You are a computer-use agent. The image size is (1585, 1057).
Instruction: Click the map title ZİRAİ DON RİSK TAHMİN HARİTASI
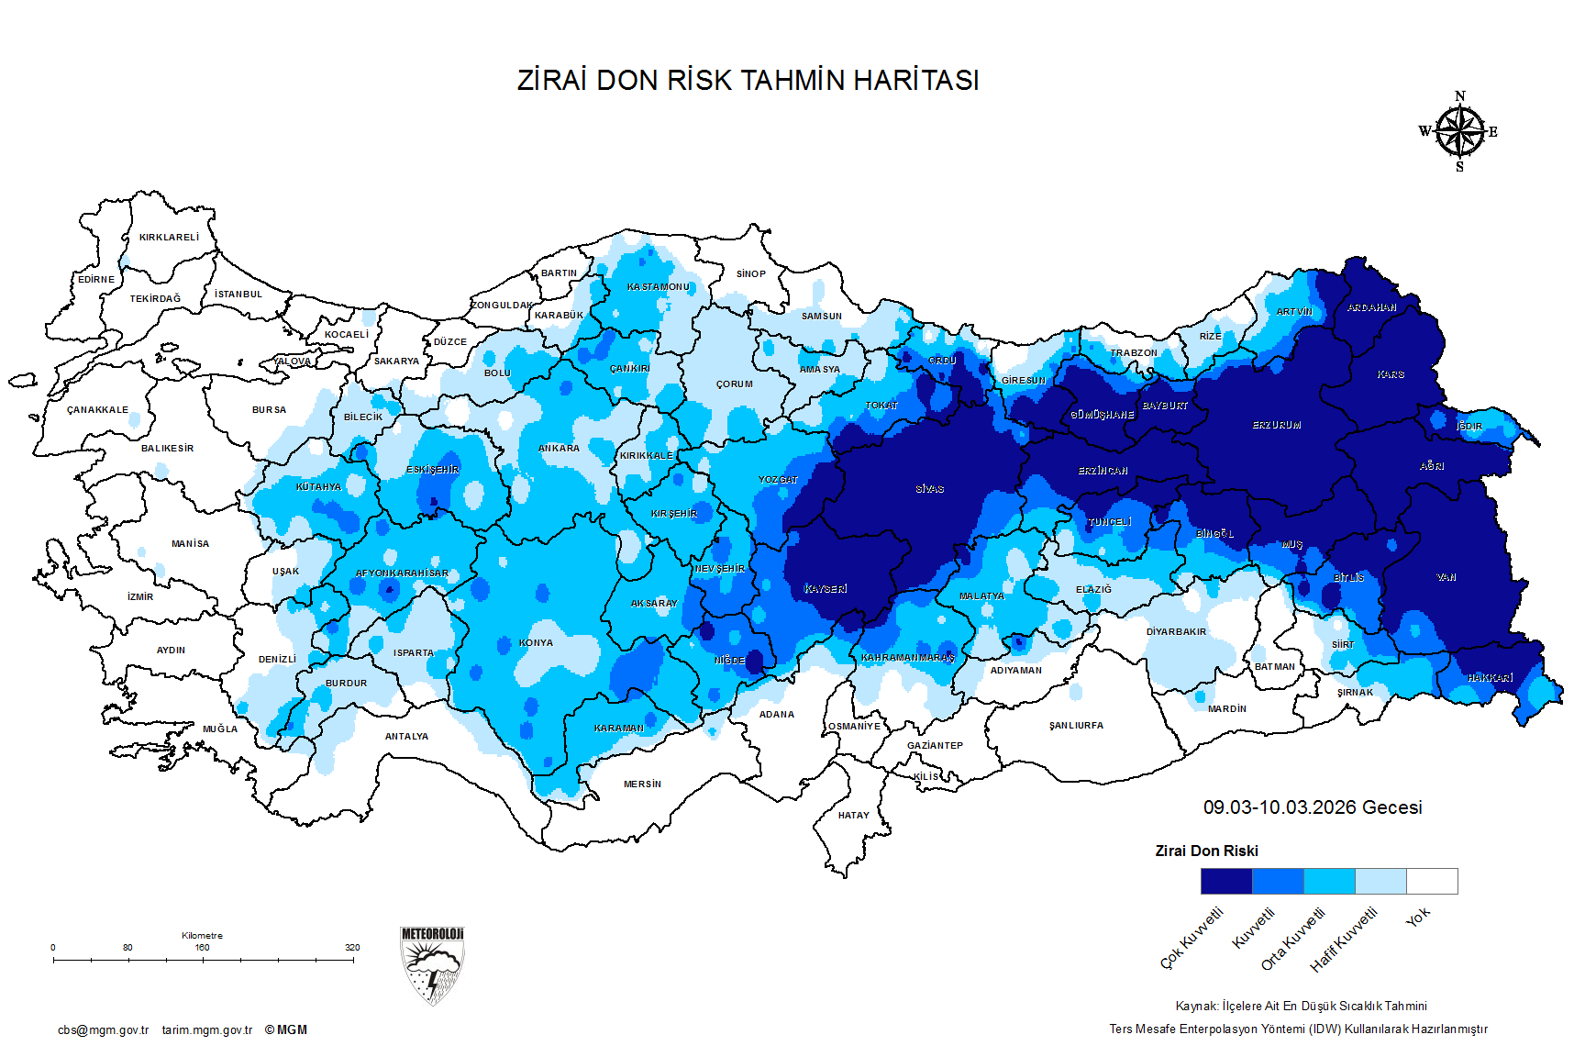coord(748,81)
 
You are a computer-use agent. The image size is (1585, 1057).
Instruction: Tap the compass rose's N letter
coord(1460,96)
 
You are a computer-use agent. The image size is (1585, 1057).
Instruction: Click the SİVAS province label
coord(929,489)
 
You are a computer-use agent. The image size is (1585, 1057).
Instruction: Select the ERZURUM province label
coord(1277,426)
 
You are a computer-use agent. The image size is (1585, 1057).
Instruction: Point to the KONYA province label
coord(536,643)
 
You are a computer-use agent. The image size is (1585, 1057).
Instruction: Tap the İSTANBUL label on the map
coord(238,295)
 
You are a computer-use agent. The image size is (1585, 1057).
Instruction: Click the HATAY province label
coord(853,816)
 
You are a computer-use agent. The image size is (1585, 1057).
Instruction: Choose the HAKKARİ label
coord(1490,678)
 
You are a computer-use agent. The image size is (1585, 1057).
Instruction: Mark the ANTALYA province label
coord(406,737)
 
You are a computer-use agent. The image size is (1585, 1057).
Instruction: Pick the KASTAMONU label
coord(658,287)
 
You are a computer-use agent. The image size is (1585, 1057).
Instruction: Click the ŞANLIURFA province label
coord(1076,726)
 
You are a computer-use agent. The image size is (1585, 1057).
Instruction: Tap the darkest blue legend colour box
coord(1226,881)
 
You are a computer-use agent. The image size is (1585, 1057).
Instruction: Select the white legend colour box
coord(1432,881)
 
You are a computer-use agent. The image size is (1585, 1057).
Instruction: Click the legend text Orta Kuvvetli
coord(1293,939)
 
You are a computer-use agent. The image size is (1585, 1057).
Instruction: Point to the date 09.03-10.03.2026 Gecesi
coord(1313,807)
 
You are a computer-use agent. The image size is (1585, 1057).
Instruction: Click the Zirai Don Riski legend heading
coord(1206,851)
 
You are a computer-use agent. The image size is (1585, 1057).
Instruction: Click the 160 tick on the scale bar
coord(202,948)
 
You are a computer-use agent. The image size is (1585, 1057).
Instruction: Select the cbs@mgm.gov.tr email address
coord(103,1030)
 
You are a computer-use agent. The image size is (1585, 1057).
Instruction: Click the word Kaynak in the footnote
coord(1196,1007)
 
